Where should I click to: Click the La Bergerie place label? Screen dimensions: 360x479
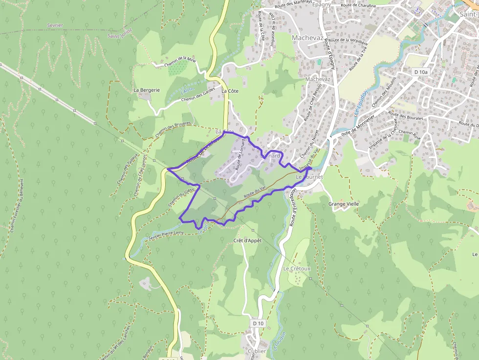point(147,90)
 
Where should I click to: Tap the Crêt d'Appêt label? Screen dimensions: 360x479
point(248,240)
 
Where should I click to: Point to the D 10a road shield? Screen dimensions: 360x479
point(420,72)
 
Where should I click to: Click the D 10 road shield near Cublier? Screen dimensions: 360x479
point(259,323)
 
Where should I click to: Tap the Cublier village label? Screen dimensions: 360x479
point(257,351)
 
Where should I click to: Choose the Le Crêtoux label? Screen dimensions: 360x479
point(297,269)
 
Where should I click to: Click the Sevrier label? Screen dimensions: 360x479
point(55,25)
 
